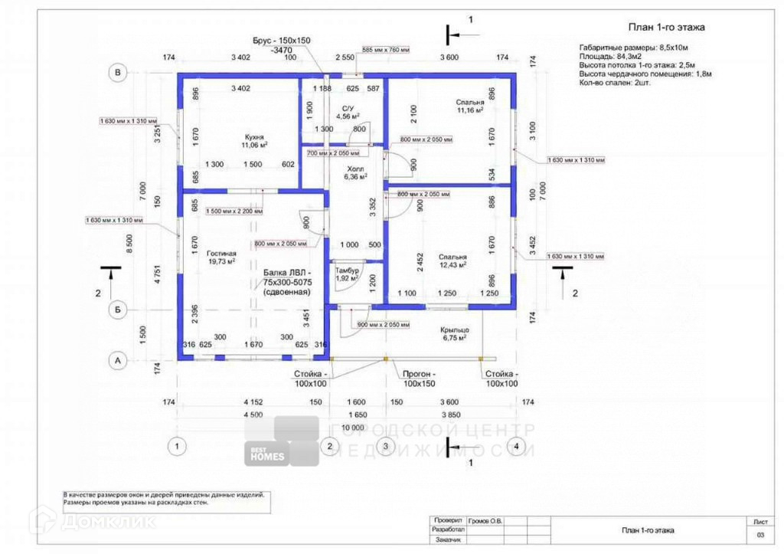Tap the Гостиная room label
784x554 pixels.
pyautogui.click(x=220, y=253)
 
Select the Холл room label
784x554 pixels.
pyautogui.click(x=355, y=169)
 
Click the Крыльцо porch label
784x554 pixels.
pyautogui.click(x=454, y=329)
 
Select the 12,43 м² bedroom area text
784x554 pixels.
pyautogui.click(x=453, y=265)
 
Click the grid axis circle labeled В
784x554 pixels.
pyautogui.click(x=118, y=73)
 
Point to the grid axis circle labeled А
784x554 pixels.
pyautogui.click(x=118, y=359)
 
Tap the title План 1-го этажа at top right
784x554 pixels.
pyautogui.click(x=666, y=28)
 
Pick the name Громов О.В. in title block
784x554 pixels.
pyautogui.click(x=485, y=520)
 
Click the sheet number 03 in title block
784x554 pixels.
pyautogui.click(x=760, y=534)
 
